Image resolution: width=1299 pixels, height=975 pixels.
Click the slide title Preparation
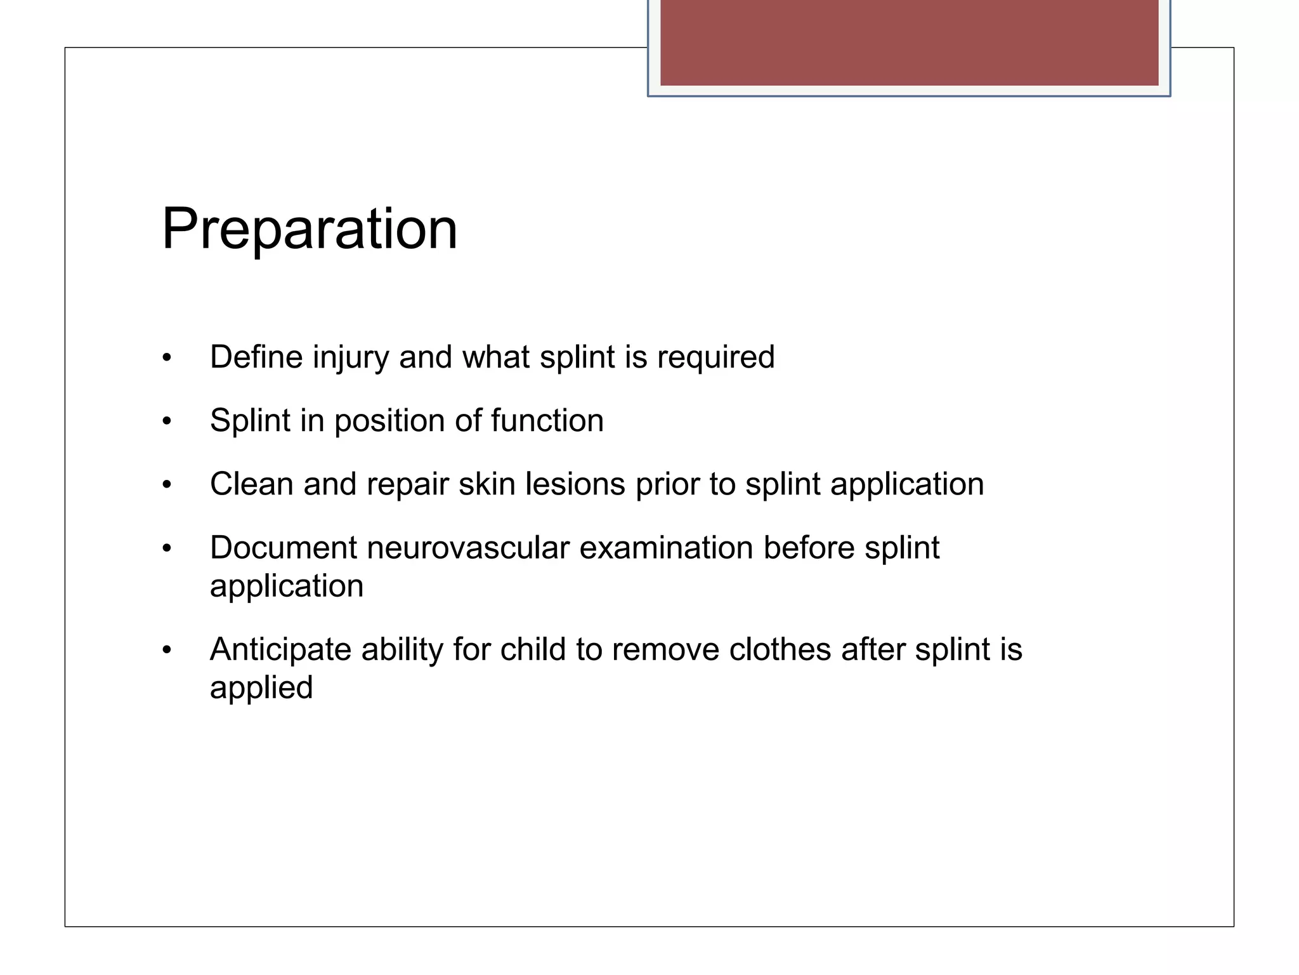tap(310, 230)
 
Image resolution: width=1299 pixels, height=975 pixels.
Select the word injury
tap(350, 358)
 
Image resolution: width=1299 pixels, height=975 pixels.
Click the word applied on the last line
tap(261, 689)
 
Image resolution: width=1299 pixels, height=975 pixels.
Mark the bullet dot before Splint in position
tap(167, 421)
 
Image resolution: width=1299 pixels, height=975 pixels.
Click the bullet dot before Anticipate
tap(167, 650)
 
